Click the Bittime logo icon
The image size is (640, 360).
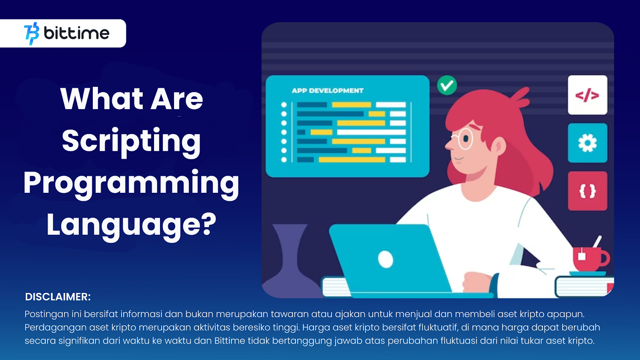(32, 34)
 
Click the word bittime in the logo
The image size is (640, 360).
(76, 33)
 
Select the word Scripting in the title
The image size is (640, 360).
(132, 142)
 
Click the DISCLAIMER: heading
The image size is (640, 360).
(58, 297)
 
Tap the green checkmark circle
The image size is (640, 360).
(447, 85)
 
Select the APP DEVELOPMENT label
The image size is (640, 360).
(328, 90)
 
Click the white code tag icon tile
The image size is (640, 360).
(588, 95)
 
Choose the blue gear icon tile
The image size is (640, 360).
(588, 143)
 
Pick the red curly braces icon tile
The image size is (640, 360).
(588, 191)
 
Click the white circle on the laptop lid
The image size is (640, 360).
(386, 260)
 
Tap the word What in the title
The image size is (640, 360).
(102, 99)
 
